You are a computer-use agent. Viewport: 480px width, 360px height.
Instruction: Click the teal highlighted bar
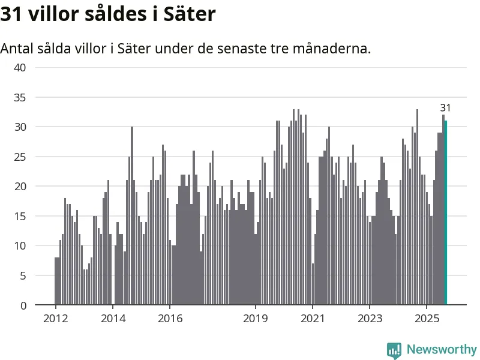click(x=446, y=213)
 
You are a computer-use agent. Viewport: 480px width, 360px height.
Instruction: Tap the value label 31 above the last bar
click(x=445, y=108)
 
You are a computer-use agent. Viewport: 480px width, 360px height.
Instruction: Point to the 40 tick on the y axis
click(x=20, y=67)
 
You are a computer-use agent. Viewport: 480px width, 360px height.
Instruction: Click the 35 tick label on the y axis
click(x=20, y=97)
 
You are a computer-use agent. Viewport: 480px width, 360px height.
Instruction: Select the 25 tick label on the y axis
click(x=20, y=157)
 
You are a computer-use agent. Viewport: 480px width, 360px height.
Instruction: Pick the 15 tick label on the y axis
click(x=20, y=216)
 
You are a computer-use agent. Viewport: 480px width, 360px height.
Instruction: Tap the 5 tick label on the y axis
click(x=23, y=275)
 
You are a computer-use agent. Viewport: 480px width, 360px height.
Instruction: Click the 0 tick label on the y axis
click(x=23, y=305)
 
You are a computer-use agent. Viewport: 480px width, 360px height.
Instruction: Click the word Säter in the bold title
click(x=189, y=14)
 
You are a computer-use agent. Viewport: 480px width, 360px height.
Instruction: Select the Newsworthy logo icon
click(x=394, y=350)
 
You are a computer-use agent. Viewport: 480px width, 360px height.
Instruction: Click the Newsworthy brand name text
click(x=442, y=350)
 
